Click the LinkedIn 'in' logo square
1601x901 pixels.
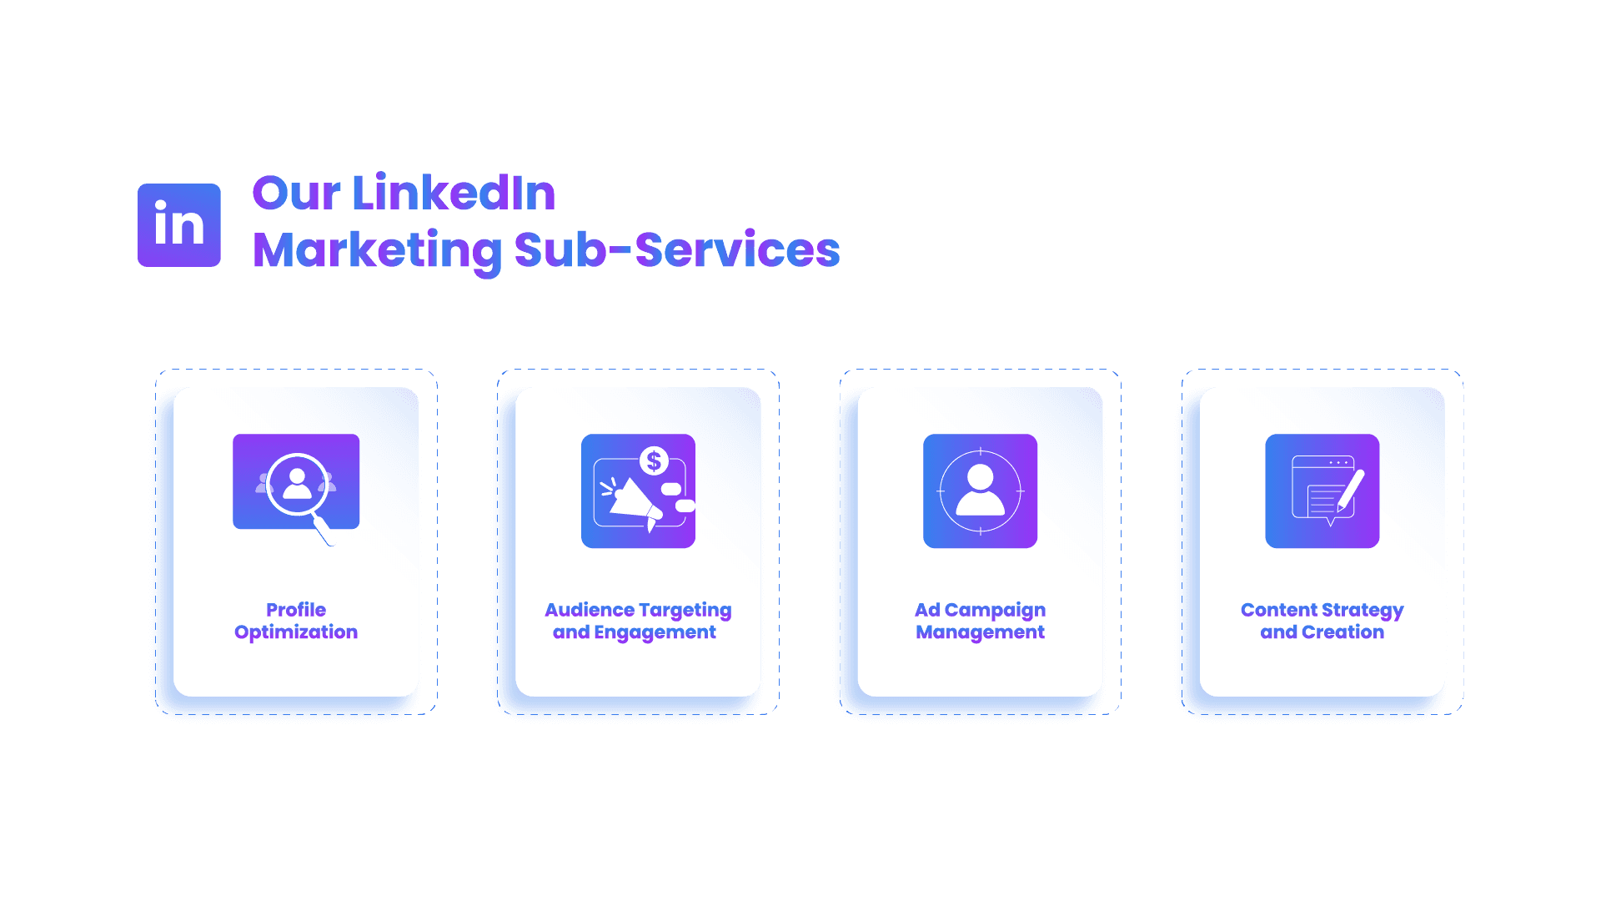point(179,225)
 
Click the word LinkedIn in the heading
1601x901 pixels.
point(454,194)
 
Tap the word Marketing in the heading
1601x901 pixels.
point(377,250)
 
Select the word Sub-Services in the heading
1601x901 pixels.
point(676,250)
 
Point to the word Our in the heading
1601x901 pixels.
point(296,194)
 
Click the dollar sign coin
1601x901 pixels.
point(654,461)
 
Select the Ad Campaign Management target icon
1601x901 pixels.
point(980,491)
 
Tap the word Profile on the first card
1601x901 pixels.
point(296,610)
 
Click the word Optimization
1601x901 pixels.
point(296,632)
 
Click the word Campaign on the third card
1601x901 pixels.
point(995,611)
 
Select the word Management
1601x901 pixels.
point(980,632)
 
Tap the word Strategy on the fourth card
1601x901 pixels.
point(1363,611)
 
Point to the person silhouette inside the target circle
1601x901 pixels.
point(980,490)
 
